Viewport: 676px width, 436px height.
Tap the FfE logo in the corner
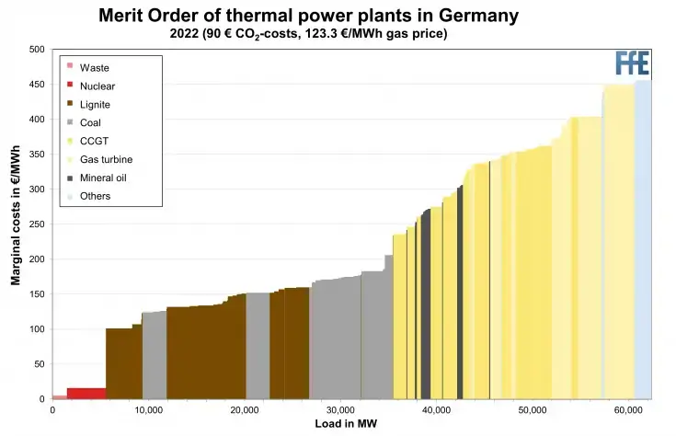click(x=633, y=63)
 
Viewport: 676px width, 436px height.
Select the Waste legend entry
click(x=94, y=68)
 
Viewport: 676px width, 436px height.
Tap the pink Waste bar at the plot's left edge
click(x=59, y=396)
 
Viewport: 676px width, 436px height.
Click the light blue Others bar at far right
click(x=643, y=239)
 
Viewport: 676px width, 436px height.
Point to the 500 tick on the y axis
click(x=35, y=50)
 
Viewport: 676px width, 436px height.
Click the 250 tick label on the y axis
click(x=35, y=224)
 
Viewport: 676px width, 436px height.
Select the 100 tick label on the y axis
click(x=35, y=329)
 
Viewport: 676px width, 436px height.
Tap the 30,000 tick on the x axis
click(x=340, y=410)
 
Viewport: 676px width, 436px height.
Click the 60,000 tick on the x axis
click(x=629, y=410)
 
